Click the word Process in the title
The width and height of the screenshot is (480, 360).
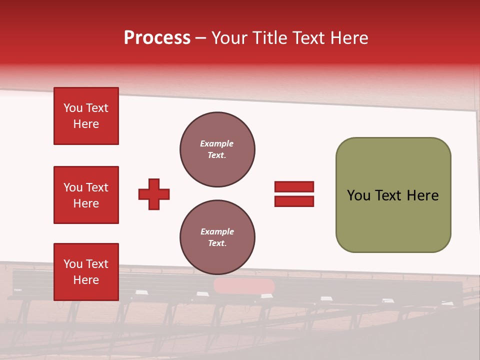(157, 37)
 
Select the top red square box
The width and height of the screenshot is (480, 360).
(86, 116)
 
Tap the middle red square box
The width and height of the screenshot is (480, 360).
(86, 195)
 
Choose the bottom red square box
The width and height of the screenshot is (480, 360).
(86, 271)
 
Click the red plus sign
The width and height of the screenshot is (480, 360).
(154, 194)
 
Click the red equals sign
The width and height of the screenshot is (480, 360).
(294, 194)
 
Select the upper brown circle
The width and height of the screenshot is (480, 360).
(217, 149)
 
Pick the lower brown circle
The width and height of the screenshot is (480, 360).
(217, 237)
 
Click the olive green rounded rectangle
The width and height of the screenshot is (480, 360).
(393, 195)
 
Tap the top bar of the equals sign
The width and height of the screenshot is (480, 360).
(294, 186)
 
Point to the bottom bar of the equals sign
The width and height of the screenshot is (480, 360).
(294, 201)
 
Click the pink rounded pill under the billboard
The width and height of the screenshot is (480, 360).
(244, 286)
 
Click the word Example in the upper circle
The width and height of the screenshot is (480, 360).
(217, 143)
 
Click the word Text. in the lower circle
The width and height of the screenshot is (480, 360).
(217, 243)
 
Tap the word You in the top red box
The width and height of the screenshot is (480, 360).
(73, 108)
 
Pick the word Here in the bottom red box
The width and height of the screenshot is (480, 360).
(86, 280)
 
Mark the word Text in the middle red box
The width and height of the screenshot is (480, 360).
(97, 187)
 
